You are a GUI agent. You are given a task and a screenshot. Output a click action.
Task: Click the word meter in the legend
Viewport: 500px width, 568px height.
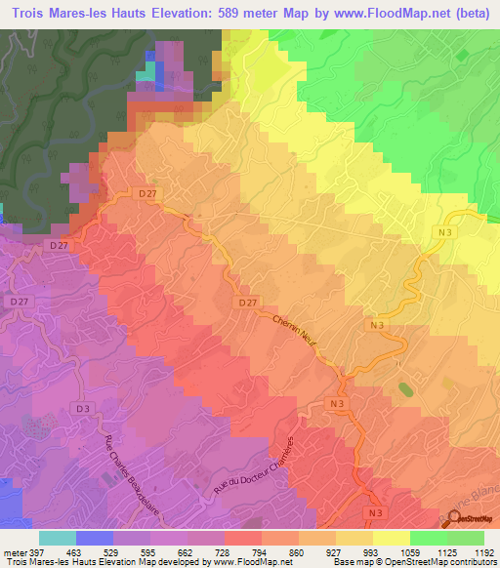tap(17, 552)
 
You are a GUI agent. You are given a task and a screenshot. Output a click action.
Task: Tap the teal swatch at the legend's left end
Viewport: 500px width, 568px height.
tap(58, 538)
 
